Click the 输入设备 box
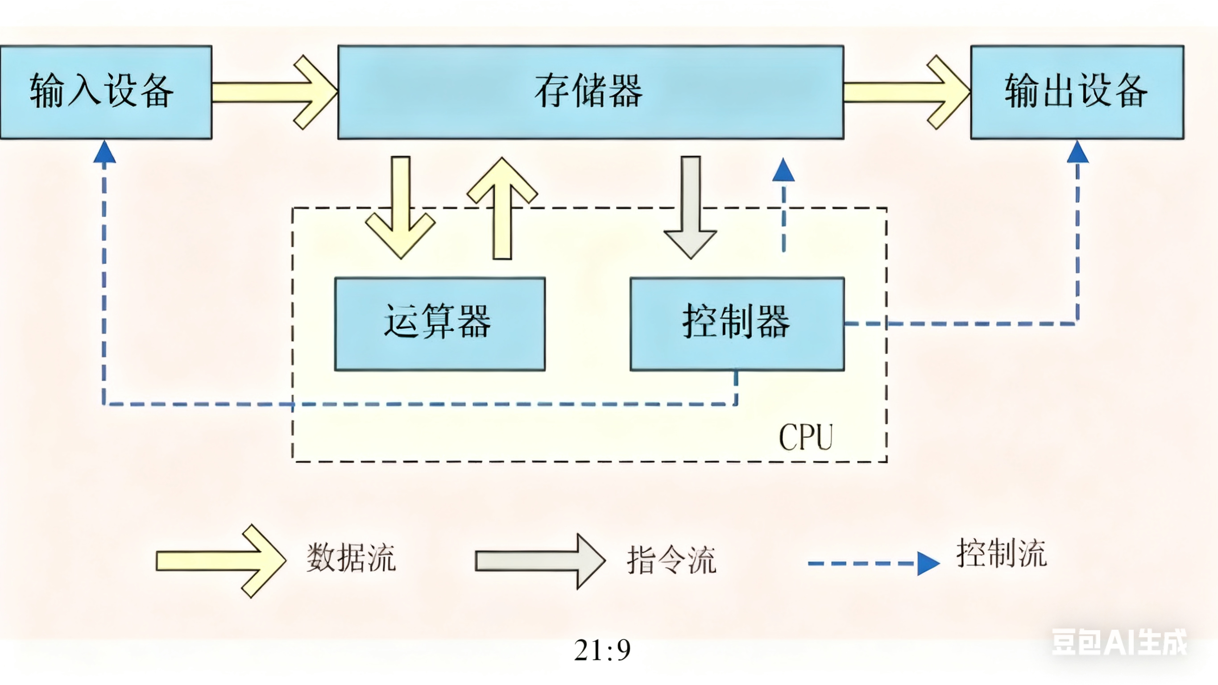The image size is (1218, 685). click(x=105, y=92)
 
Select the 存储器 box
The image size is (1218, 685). click(x=590, y=92)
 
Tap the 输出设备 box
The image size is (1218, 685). click(x=1077, y=92)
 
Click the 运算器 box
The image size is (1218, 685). click(x=440, y=324)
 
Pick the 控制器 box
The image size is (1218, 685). click(x=737, y=324)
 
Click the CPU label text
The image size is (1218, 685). click(x=806, y=437)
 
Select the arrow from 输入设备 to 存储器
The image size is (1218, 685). click(x=274, y=92)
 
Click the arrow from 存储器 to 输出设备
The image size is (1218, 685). click(x=905, y=92)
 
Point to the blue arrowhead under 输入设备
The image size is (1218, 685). click(x=104, y=153)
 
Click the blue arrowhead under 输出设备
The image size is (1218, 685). click(x=1077, y=153)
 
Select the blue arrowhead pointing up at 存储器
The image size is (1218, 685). click(x=783, y=170)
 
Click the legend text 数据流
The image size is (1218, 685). click(x=350, y=558)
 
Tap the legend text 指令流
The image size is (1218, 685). click(x=671, y=560)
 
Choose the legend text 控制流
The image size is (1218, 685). click(x=1001, y=553)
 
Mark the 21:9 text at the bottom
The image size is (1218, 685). click(x=602, y=651)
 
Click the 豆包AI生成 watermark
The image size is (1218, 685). click(x=1119, y=643)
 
